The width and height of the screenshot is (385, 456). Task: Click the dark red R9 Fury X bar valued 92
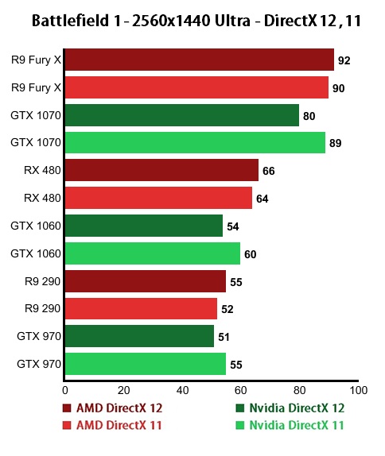(x=199, y=60)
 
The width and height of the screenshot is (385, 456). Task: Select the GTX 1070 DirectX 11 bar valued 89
(x=195, y=143)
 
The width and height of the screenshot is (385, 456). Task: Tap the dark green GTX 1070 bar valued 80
(x=181, y=115)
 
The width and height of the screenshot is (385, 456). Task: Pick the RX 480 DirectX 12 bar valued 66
(x=161, y=170)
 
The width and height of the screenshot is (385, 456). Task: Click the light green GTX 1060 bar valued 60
(x=152, y=253)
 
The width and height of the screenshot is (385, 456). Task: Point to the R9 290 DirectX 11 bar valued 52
(x=141, y=309)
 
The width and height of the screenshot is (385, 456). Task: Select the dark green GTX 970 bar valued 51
(x=139, y=337)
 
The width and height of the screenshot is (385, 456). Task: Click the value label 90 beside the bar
(x=338, y=87)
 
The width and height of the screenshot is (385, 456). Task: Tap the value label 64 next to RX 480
(x=262, y=199)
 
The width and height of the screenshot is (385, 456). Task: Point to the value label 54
(x=232, y=226)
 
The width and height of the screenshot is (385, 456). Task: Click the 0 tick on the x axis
(x=64, y=390)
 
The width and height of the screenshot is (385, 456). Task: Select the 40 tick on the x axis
(x=182, y=390)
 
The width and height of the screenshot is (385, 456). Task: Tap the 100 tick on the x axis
(x=358, y=390)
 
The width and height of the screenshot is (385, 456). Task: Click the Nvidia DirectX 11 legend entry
(x=294, y=425)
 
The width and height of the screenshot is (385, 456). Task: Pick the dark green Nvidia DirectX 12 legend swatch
(x=239, y=408)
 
